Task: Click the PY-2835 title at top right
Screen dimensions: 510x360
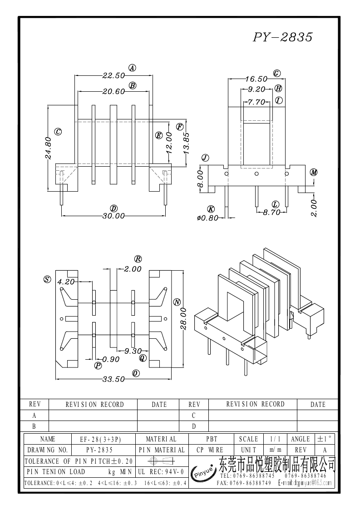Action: tap(282, 37)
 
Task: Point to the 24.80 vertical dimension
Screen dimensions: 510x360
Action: tap(48, 148)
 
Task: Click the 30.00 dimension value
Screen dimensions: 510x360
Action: tap(113, 216)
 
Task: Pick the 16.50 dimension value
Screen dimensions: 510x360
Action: tap(256, 79)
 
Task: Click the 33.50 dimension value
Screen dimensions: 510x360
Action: tap(113, 380)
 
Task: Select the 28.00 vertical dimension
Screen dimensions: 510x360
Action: tap(183, 320)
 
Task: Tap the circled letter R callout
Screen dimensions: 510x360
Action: tap(138, 259)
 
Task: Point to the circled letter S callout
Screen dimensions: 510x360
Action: tap(47, 279)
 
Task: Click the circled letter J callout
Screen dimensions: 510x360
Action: tap(205, 158)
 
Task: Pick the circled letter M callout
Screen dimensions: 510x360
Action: tap(314, 172)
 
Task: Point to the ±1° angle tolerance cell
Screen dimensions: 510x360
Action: tap(325, 439)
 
